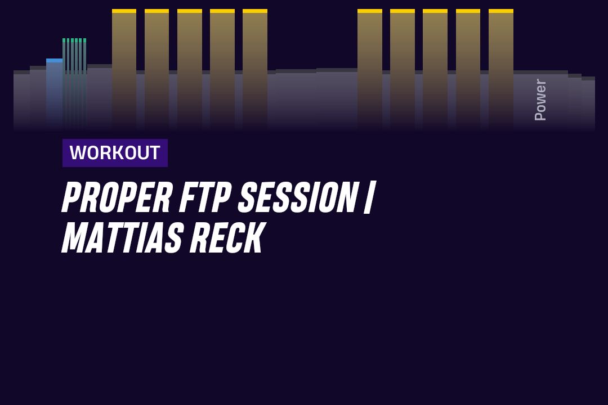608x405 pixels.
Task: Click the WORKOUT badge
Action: tap(115, 152)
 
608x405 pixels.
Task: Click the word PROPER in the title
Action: tap(117, 197)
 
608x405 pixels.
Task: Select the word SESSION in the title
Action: tap(297, 197)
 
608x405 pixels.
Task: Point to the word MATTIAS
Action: tap(122, 237)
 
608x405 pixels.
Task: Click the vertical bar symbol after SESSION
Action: tap(368, 197)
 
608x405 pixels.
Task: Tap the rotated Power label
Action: tap(540, 100)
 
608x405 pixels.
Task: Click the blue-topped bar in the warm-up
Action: tap(54, 93)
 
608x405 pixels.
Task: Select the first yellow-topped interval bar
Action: tap(124, 69)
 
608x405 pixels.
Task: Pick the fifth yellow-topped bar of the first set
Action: tap(255, 69)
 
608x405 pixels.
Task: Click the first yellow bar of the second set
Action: tap(369, 69)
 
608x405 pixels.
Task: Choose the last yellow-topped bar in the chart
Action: tap(501, 69)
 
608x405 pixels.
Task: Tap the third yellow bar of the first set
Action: tap(190, 69)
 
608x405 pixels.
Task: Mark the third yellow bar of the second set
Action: tap(435, 69)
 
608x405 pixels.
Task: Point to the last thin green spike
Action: tap(84, 82)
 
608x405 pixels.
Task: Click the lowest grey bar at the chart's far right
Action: tap(588, 103)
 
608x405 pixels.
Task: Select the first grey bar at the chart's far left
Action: tap(22, 100)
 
